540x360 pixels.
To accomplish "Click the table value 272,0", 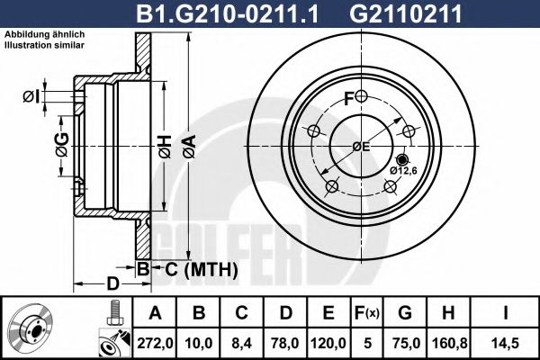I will (156, 342).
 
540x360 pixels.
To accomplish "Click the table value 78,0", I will (286, 342).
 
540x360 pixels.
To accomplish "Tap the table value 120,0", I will (329, 342).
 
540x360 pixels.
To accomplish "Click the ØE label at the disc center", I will (360, 146).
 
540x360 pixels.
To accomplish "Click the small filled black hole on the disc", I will (400, 158).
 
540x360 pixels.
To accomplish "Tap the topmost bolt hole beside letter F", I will (361, 96).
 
